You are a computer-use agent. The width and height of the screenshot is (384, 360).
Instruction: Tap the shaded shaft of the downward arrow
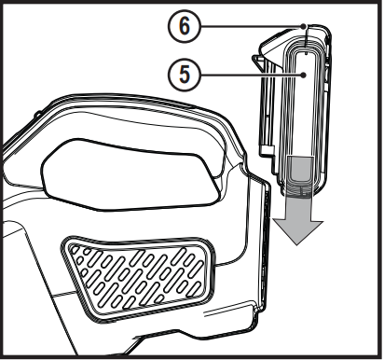pos(300,182)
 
